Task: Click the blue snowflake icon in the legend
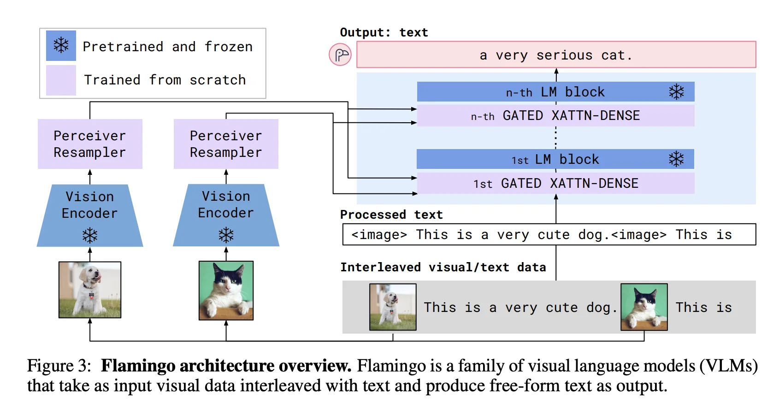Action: click(61, 46)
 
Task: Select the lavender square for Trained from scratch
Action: click(61, 80)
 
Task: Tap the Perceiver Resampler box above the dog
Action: click(90, 144)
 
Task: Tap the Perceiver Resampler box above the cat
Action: click(226, 144)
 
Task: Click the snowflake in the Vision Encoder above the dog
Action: click(90, 235)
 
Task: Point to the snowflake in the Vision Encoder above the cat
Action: click(226, 235)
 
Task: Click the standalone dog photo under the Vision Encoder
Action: click(90, 290)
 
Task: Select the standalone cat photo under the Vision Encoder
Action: click(226, 290)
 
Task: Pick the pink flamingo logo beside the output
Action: click(340, 55)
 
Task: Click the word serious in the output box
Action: click(564, 55)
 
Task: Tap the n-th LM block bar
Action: click(555, 92)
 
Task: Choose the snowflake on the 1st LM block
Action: click(676, 159)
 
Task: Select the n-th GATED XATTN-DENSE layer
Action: click(555, 115)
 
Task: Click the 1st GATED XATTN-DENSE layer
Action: click(555, 183)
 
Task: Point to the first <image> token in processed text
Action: click(379, 235)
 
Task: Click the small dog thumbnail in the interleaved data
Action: click(393, 307)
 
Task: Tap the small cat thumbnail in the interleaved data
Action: click(644, 307)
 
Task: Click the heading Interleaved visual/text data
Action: click(443, 267)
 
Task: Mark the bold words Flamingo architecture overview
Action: click(226, 366)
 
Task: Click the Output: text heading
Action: click(384, 32)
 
